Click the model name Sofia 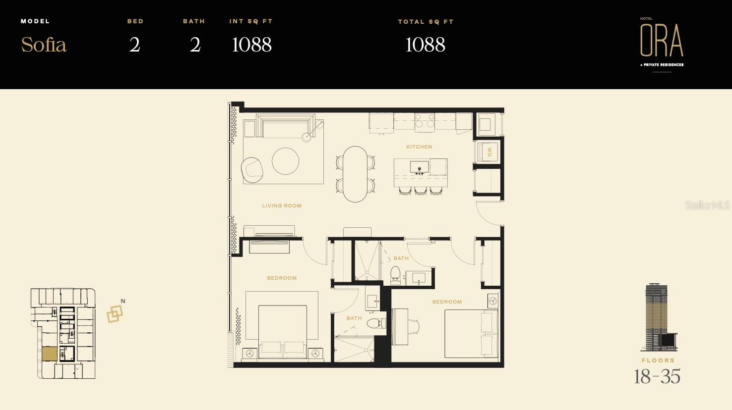tap(44, 45)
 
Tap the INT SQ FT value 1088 tap(251, 45)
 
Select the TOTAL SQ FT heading tap(426, 22)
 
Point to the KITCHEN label tap(419, 147)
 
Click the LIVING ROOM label tap(282, 206)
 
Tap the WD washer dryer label tap(489, 152)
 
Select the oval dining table tap(355, 174)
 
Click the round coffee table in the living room tap(285, 161)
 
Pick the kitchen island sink tap(419, 167)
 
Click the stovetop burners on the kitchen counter tap(425, 120)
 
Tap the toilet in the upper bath tap(395, 275)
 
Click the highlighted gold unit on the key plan tap(50, 354)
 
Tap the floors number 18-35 tap(658, 376)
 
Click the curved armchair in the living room tap(252, 169)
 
